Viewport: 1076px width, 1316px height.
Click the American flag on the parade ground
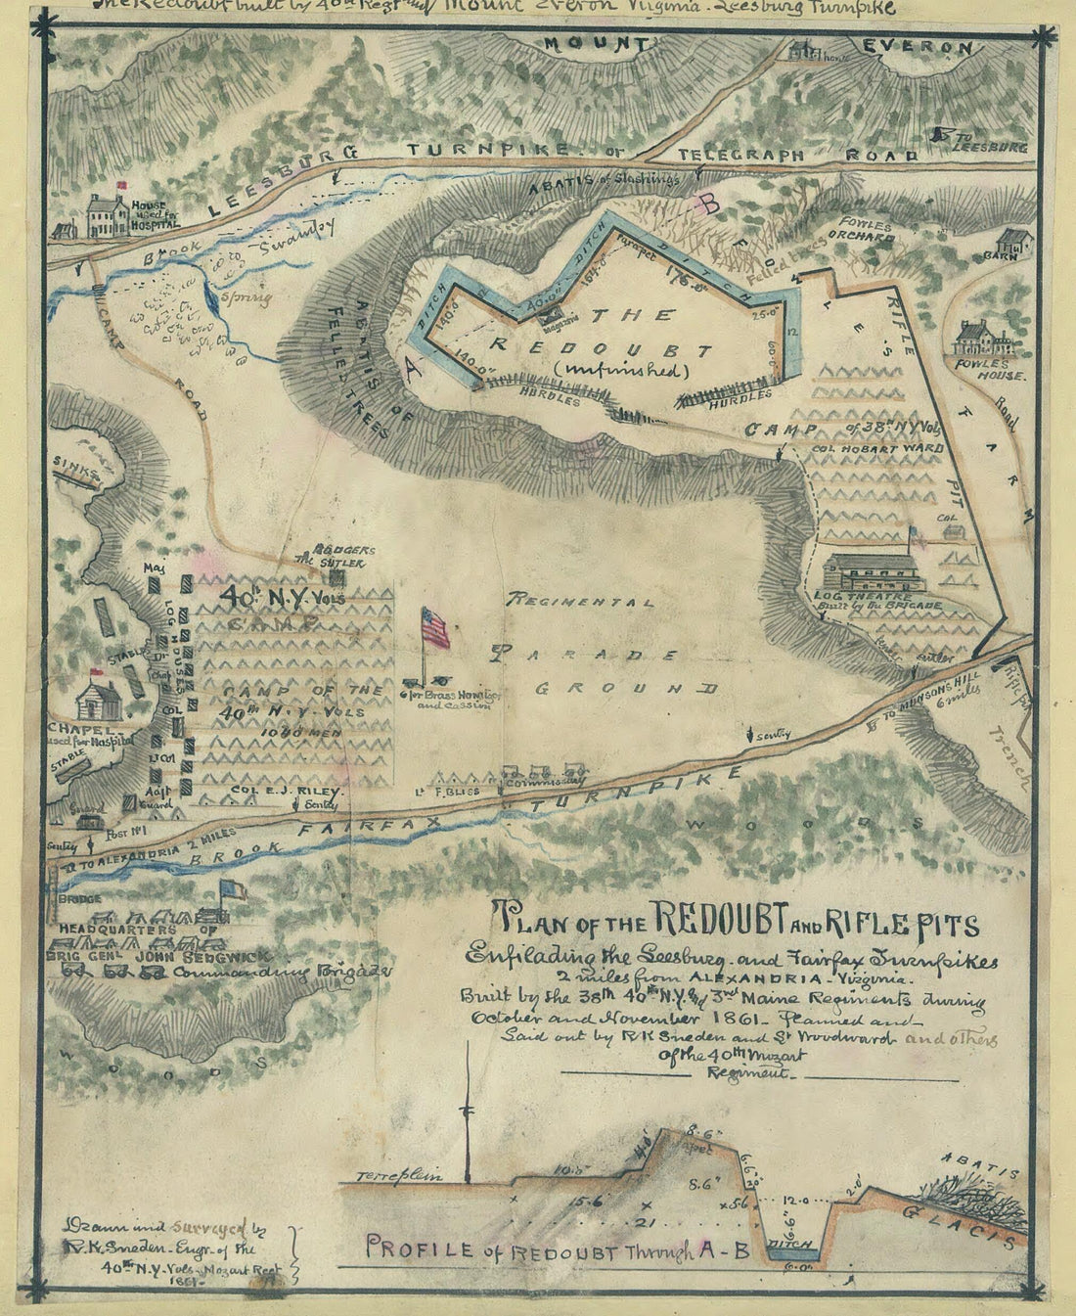[435, 627]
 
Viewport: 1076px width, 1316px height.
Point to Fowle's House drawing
[986, 341]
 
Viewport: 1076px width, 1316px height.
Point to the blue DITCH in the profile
[789, 1242]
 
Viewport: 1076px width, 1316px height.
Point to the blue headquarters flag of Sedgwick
[232, 889]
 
